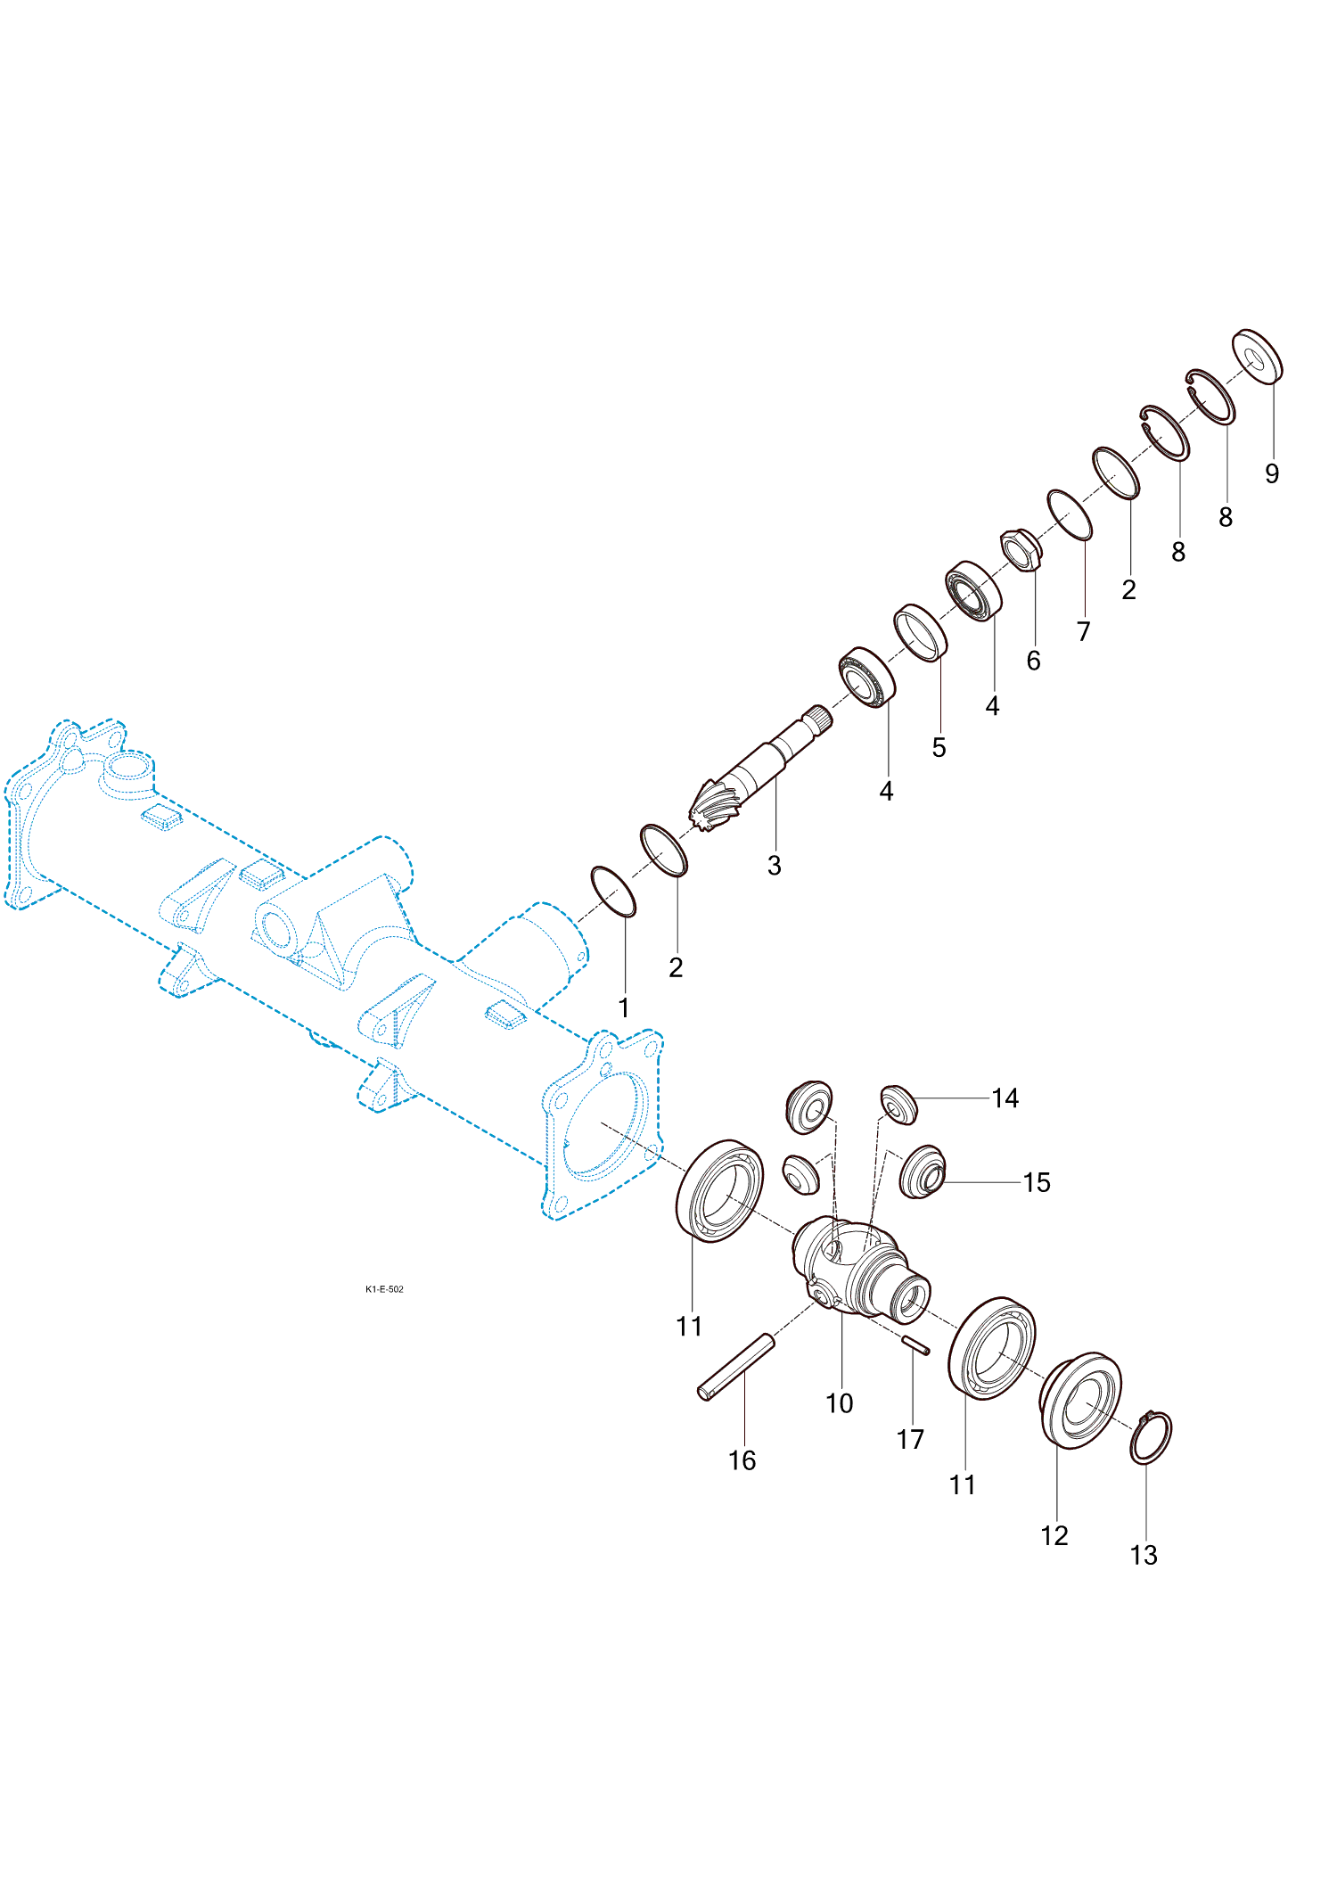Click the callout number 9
pos(1272,473)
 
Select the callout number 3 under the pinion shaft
pos(775,866)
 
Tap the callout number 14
pos(1005,1098)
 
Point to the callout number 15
pos(1037,1183)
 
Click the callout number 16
pos(742,1461)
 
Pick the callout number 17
pos(910,1440)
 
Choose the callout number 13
pos(1144,1556)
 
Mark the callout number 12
pos(1054,1536)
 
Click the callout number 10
pos(840,1404)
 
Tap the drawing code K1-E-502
pos(384,1289)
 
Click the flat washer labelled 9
pos(1258,357)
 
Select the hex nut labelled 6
pos(1021,550)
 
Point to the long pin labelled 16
pos(736,1367)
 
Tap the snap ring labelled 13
pos(1152,1437)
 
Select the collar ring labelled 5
pos(921,633)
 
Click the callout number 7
pos(1084,632)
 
